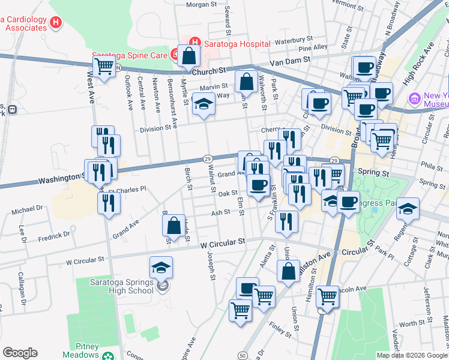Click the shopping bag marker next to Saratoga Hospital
pyautogui.click(x=188, y=56)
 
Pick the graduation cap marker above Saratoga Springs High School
pyautogui.click(x=160, y=267)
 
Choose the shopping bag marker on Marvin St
pyautogui.click(x=246, y=81)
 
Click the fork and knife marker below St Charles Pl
pyautogui.click(x=109, y=203)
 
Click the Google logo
pyautogui.click(x=20, y=353)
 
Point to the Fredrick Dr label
pyautogui.click(x=54, y=234)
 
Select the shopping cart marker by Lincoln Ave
pyautogui.click(x=327, y=295)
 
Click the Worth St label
pyautogui.click(x=412, y=323)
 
